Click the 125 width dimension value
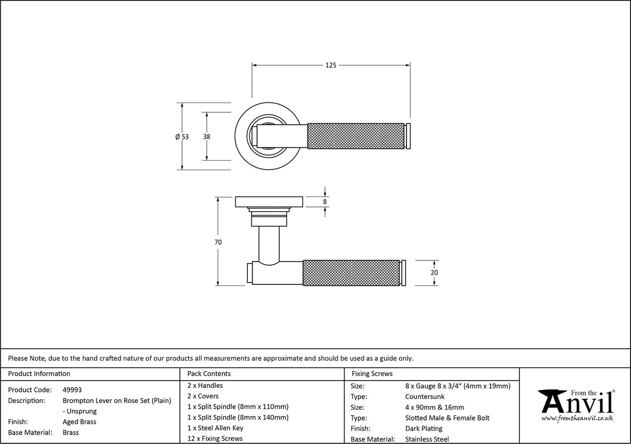pyautogui.click(x=331, y=66)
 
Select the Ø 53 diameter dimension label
pyautogui.click(x=182, y=137)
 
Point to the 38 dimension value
pyautogui.click(x=206, y=137)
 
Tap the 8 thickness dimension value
pyautogui.click(x=325, y=202)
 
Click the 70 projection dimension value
pyautogui.click(x=218, y=242)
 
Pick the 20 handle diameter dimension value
pyautogui.click(x=435, y=273)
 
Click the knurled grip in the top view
pyautogui.click(x=356, y=136)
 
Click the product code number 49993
pyautogui.click(x=72, y=389)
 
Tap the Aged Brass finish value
pyautogui.click(x=79, y=422)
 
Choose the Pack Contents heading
pyautogui.click(x=209, y=373)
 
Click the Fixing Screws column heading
pyautogui.click(x=372, y=373)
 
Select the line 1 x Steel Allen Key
pyautogui.click(x=215, y=428)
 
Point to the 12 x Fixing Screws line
pyautogui.click(x=215, y=439)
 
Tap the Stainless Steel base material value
pyautogui.click(x=427, y=439)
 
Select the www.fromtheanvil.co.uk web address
pyautogui.click(x=577, y=418)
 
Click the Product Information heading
pyautogui.click(x=39, y=373)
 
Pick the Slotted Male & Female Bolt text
pyautogui.click(x=447, y=418)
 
